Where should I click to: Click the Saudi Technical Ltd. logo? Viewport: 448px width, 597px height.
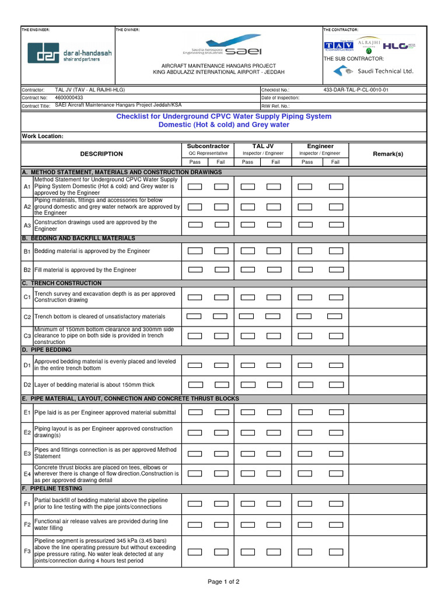pyautogui.click(x=373, y=71)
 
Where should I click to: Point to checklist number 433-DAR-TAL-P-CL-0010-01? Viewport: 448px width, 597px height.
pyautogui.click(x=355, y=90)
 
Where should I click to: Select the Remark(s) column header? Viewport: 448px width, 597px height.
pyautogui.click(x=387, y=154)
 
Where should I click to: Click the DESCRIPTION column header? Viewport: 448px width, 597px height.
pyautogui.click(x=101, y=154)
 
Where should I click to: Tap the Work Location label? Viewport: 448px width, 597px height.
pyautogui.click(x=43, y=136)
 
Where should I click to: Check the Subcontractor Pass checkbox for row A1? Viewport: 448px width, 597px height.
pyautogui.click(x=195, y=187)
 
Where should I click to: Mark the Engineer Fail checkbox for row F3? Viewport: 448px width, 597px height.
pyautogui.click(x=336, y=552)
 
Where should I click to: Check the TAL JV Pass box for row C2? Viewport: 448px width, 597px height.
pyautogui.click(x=246, y=317)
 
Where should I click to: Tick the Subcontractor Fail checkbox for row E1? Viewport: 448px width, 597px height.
pyautogui.click(x=222, y=412)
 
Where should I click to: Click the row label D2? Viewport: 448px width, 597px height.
pyautogui.click(x=27, y=385)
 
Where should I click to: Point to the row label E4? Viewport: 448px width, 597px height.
pyautogui.click(x=27, y=475)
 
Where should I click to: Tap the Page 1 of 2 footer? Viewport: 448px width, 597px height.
pyautogui.click(x=223, y=581)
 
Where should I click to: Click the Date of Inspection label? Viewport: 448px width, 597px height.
pyautogui.click(x=281, y=98)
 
